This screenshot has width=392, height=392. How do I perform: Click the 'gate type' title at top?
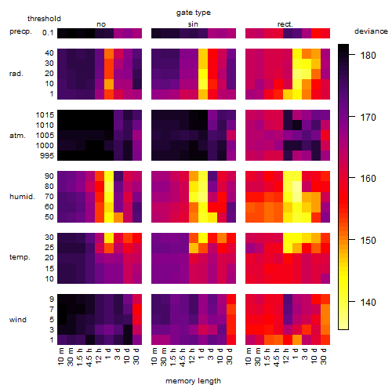click(x=194, y=13)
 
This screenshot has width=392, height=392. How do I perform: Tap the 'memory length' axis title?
click(x=193, y=381)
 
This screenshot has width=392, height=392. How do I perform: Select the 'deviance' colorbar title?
click(x=371, y=31)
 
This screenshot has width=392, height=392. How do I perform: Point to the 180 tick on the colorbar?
click(x=352, y=55)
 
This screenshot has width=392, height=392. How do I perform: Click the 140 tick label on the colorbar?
click(x=368, y=303)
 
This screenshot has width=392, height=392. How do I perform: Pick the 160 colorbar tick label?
click(x=368, y=179)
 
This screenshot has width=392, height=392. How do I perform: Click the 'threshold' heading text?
click(x=44, y=19)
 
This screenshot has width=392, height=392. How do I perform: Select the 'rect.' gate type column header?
click(x=285, y=24)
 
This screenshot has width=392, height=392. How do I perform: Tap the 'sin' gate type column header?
click(x=193, y=24)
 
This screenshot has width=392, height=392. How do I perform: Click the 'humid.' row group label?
click(x=22, y=197)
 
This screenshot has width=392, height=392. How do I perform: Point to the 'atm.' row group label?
click(x=17, y=136)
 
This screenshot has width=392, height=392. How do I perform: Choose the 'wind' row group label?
click(x=18, y=320)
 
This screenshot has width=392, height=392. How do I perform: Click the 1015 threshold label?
click(x=45, y=115)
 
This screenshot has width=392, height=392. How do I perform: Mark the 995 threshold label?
click(x=47, y=156)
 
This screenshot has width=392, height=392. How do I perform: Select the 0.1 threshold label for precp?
click(x=48, y=33)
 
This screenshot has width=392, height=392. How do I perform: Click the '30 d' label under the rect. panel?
click(x=324, y=357)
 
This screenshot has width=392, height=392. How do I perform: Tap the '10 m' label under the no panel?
click(x=60, y=357)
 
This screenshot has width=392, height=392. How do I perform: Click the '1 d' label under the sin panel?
click(x=201, y=354)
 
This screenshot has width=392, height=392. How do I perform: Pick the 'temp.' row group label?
click(x=20, y=257)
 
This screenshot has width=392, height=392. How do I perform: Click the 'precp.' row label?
click(x=20, y=31)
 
